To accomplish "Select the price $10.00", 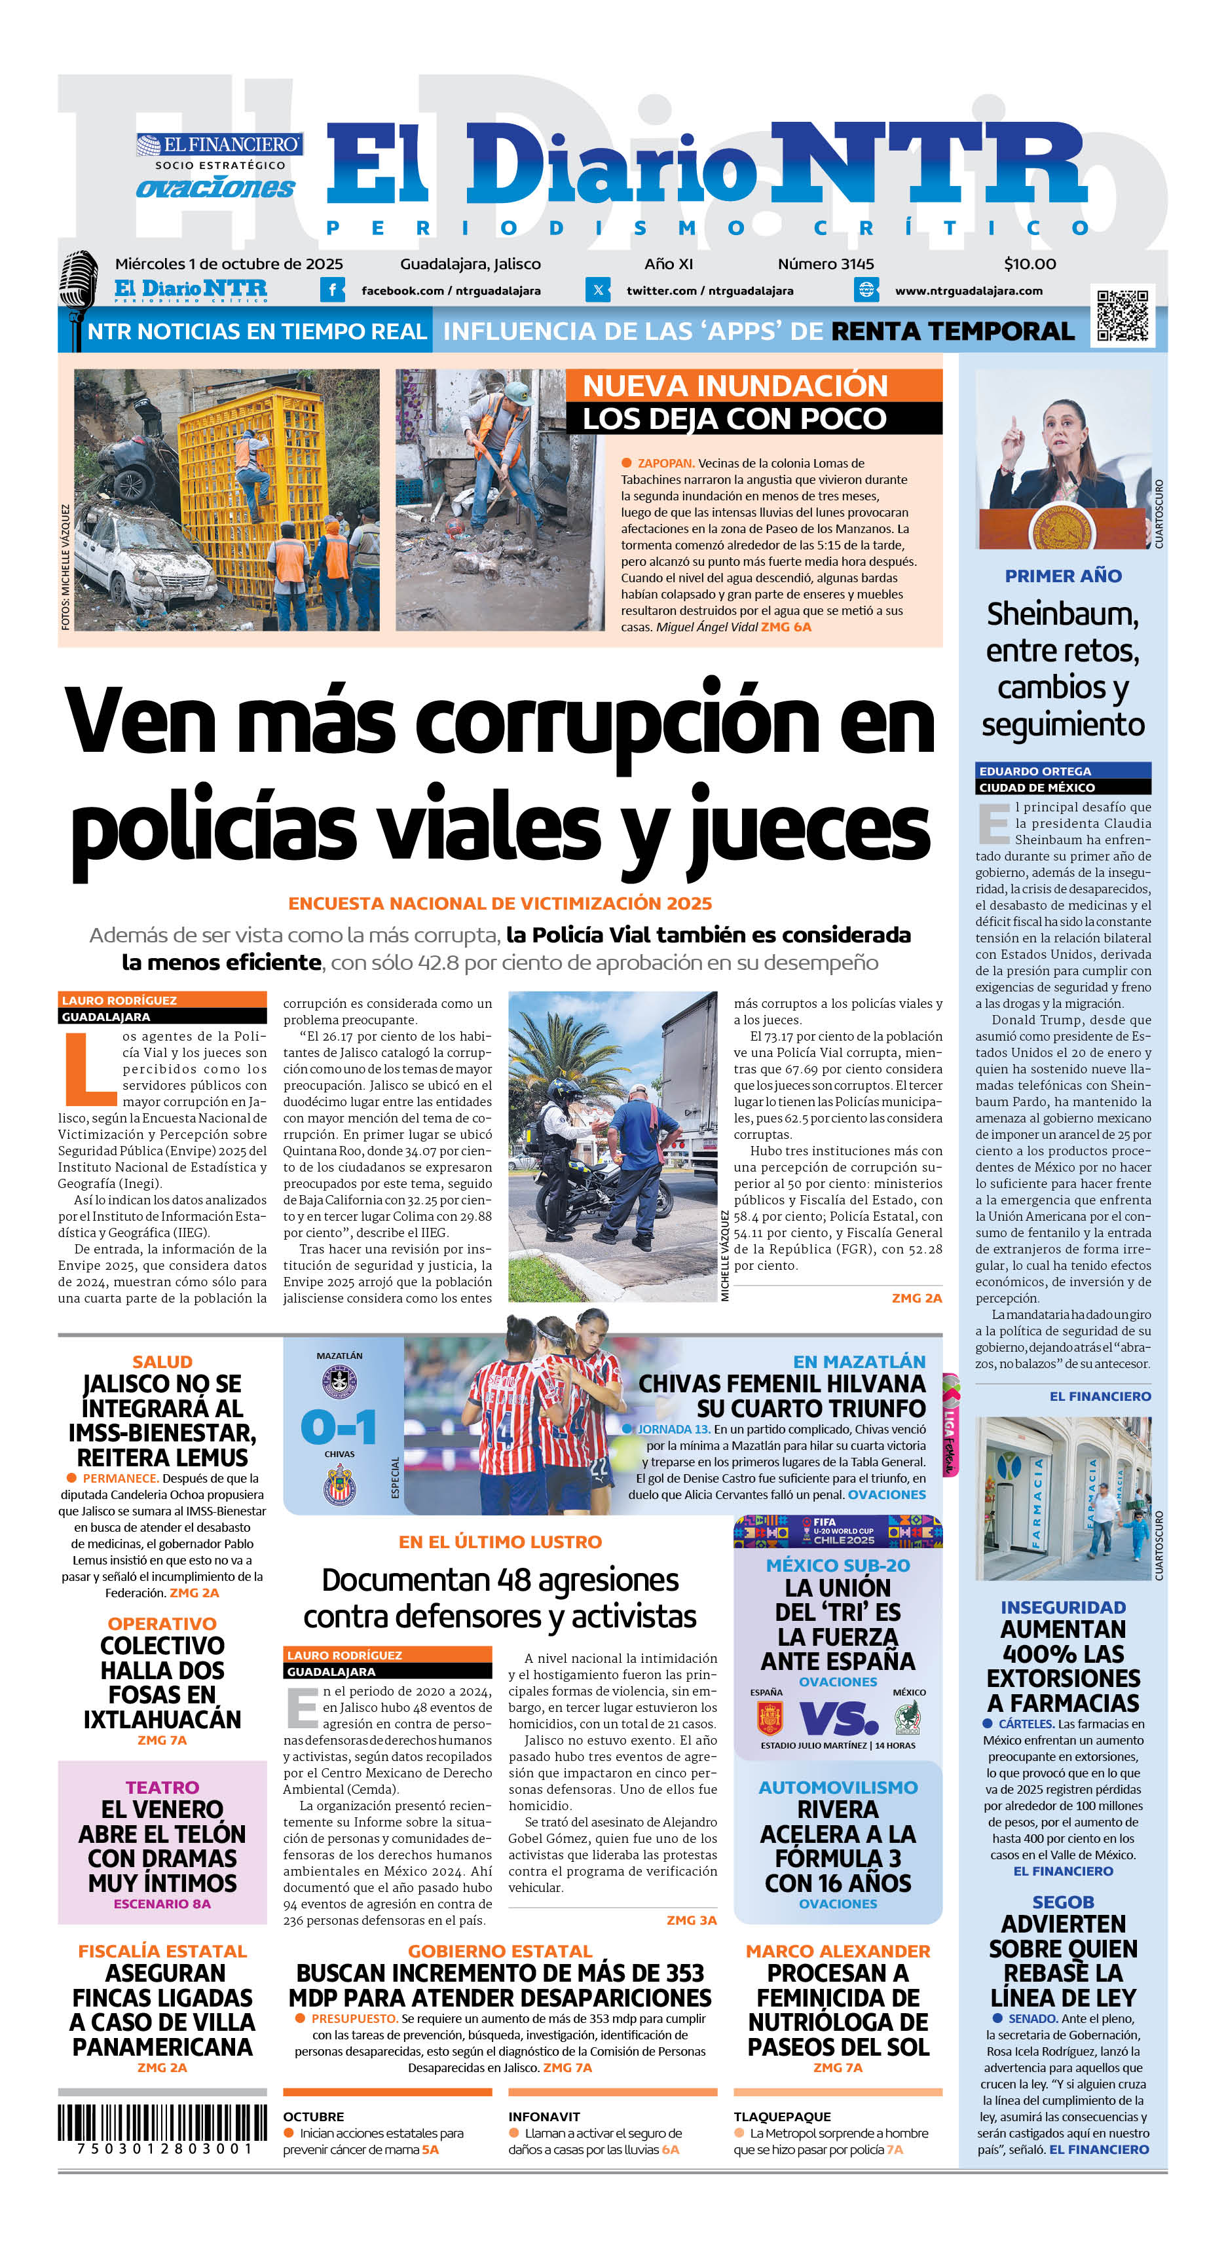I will (x=1030, y=264).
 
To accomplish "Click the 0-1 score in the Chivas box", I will (x=339, y=1427).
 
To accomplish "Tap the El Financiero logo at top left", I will (x=219, y=145).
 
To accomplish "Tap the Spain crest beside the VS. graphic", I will (x=769, y=1718).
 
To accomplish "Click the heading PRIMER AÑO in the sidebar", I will (x=1062, y=576).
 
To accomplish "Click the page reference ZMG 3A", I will (x=692, y=1920).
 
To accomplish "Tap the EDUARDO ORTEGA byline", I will (x=1035, y=771).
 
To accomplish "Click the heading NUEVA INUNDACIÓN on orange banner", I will (x=735, y=386).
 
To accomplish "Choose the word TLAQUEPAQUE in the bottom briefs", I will (x=781, y=2116).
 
